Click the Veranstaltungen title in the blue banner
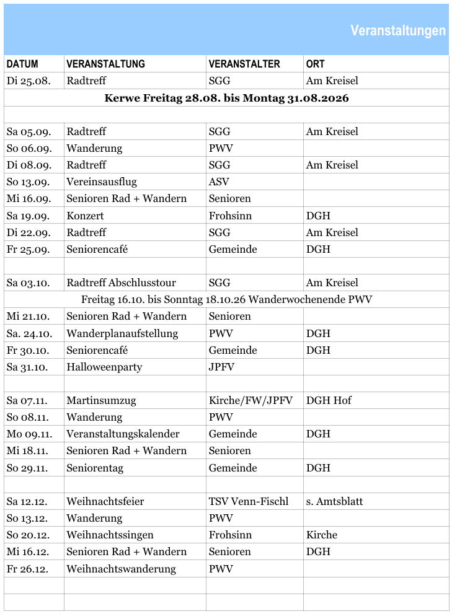(x=397, y=30)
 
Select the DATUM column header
(x=22, y=64)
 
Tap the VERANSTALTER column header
(x=244, y=64)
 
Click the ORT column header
(x=315, y=64)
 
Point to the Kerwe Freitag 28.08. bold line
(x=226, y=98)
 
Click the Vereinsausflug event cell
(x=102, y=182)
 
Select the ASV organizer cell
(x=219, y=182)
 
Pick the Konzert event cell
(x=86, y=216)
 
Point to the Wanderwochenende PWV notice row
(x=226, y=299)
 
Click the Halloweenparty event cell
(x=104, y=367)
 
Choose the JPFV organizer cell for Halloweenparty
(x=221, y=367)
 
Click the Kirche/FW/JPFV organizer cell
(x=250, y=400)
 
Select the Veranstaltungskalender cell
(x=123, y=434)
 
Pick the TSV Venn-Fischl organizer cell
(x=249, y=501)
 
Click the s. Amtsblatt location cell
(x=334, y=501)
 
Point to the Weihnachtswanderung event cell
(x=121, y=569)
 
